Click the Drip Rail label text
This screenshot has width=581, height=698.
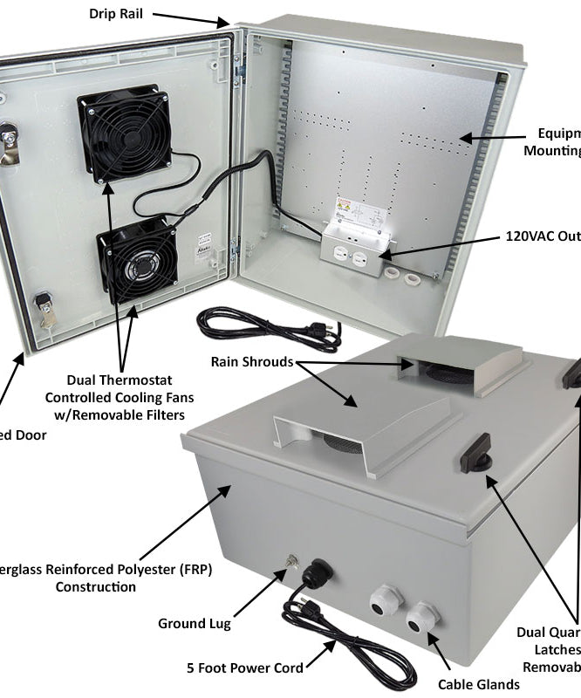[116, 14]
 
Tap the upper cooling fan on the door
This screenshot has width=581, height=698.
[124, 133]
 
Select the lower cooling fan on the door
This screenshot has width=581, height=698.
[139, 259]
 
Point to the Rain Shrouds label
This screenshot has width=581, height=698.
[250, 361]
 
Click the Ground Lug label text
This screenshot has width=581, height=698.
[194, 623]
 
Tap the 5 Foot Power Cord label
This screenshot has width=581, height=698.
[245, 667]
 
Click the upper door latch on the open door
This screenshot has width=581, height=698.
[8, 142]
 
